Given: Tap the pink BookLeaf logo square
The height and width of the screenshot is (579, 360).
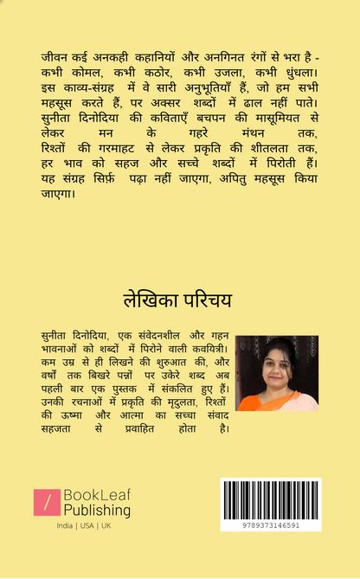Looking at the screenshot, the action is [x=47, y=503].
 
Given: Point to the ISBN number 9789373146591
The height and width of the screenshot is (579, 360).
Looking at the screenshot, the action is [x=270, y=524].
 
